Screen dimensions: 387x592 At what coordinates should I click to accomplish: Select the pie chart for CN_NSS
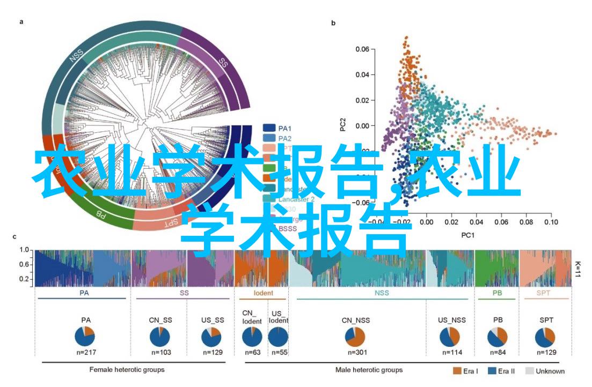[x=354, y=337]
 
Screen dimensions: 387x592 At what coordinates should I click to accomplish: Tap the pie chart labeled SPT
[x=546, y=337]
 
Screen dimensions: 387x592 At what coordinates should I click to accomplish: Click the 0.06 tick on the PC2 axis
[x=363, y=49]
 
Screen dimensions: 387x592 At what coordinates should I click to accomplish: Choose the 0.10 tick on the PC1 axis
[x=550, y=221]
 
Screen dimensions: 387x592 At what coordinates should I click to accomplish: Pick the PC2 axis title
[x=342, y=125]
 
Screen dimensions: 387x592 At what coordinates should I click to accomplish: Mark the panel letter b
[x=333, y=23]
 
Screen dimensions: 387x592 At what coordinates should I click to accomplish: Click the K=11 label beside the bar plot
[x=578, y=269]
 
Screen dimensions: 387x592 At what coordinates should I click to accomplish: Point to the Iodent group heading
[x=263, y=293]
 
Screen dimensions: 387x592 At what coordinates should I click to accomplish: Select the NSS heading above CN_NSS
[x=382, y=293]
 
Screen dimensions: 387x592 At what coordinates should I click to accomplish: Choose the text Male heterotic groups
[x=369, y=370]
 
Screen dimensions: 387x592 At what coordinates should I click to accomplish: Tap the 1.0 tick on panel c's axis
[x=24, y=250]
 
